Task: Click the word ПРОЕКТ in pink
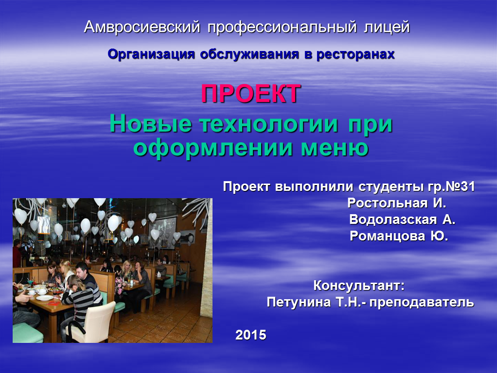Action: (x=251, y=93)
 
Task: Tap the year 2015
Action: (x=251, y=335)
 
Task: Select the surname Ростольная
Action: (x=387, y=203)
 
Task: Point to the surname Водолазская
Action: (x=393, y=220)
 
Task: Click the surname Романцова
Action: (x=387, y=236)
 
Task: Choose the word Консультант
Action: (x=357, y=286)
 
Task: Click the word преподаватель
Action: (x=422, y=303)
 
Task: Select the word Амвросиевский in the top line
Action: (x=142, y=27)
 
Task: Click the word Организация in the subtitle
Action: (x=151, y=54)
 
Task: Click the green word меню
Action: (x=335, y=148)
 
